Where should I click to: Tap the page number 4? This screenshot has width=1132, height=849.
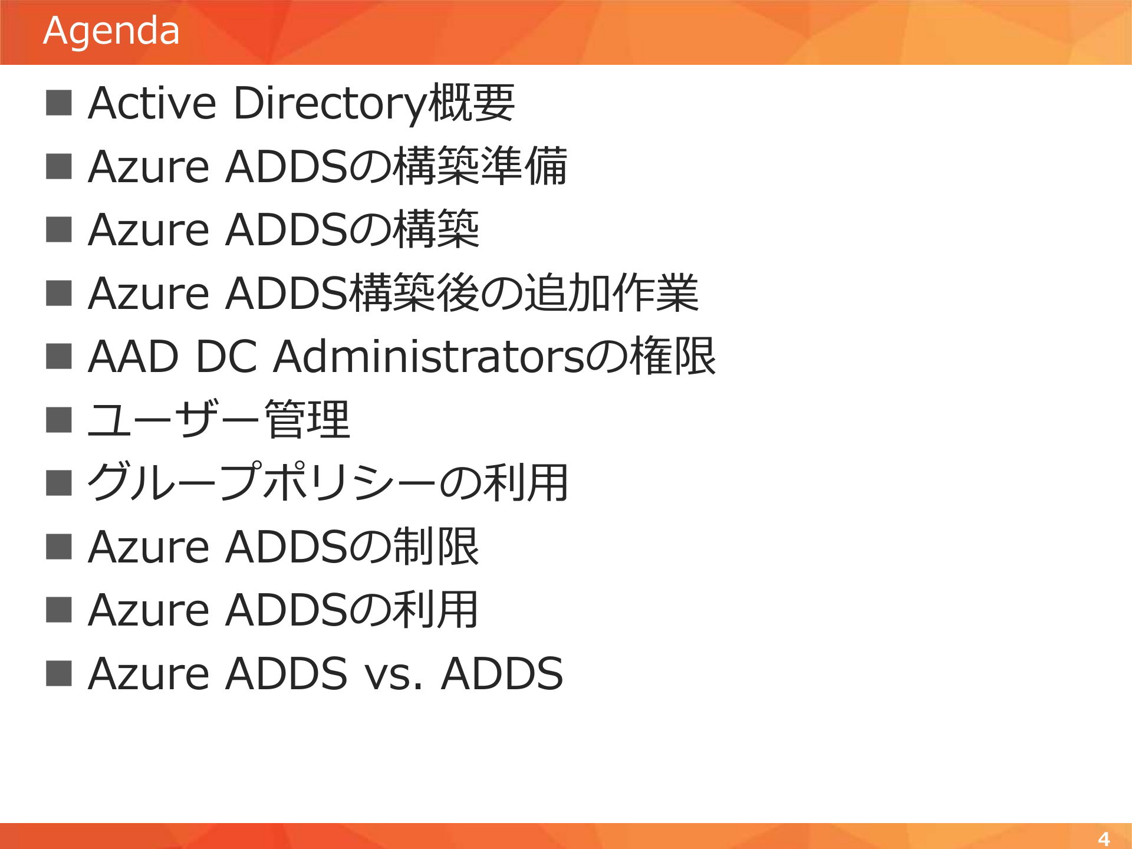1104,838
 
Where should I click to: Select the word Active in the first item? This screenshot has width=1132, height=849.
152,103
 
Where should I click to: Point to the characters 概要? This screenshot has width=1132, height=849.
471,103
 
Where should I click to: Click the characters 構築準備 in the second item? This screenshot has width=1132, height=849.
480,166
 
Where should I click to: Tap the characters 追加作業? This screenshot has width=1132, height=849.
611,293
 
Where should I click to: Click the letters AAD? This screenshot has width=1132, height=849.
133,357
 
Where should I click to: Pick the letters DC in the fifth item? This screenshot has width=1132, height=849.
226,357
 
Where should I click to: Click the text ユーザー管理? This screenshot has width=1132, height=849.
219,419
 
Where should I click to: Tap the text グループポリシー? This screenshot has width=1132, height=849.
262,483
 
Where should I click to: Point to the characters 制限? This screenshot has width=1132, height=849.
436,547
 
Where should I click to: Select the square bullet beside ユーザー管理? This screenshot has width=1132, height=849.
59,419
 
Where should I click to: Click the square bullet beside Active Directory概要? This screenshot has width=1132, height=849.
59,103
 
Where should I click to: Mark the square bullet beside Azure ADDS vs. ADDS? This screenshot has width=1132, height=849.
59,673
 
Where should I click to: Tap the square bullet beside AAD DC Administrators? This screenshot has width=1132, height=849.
59,356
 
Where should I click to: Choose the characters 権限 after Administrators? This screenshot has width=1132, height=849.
673,356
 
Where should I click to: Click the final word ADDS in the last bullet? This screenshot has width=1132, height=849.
502,673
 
